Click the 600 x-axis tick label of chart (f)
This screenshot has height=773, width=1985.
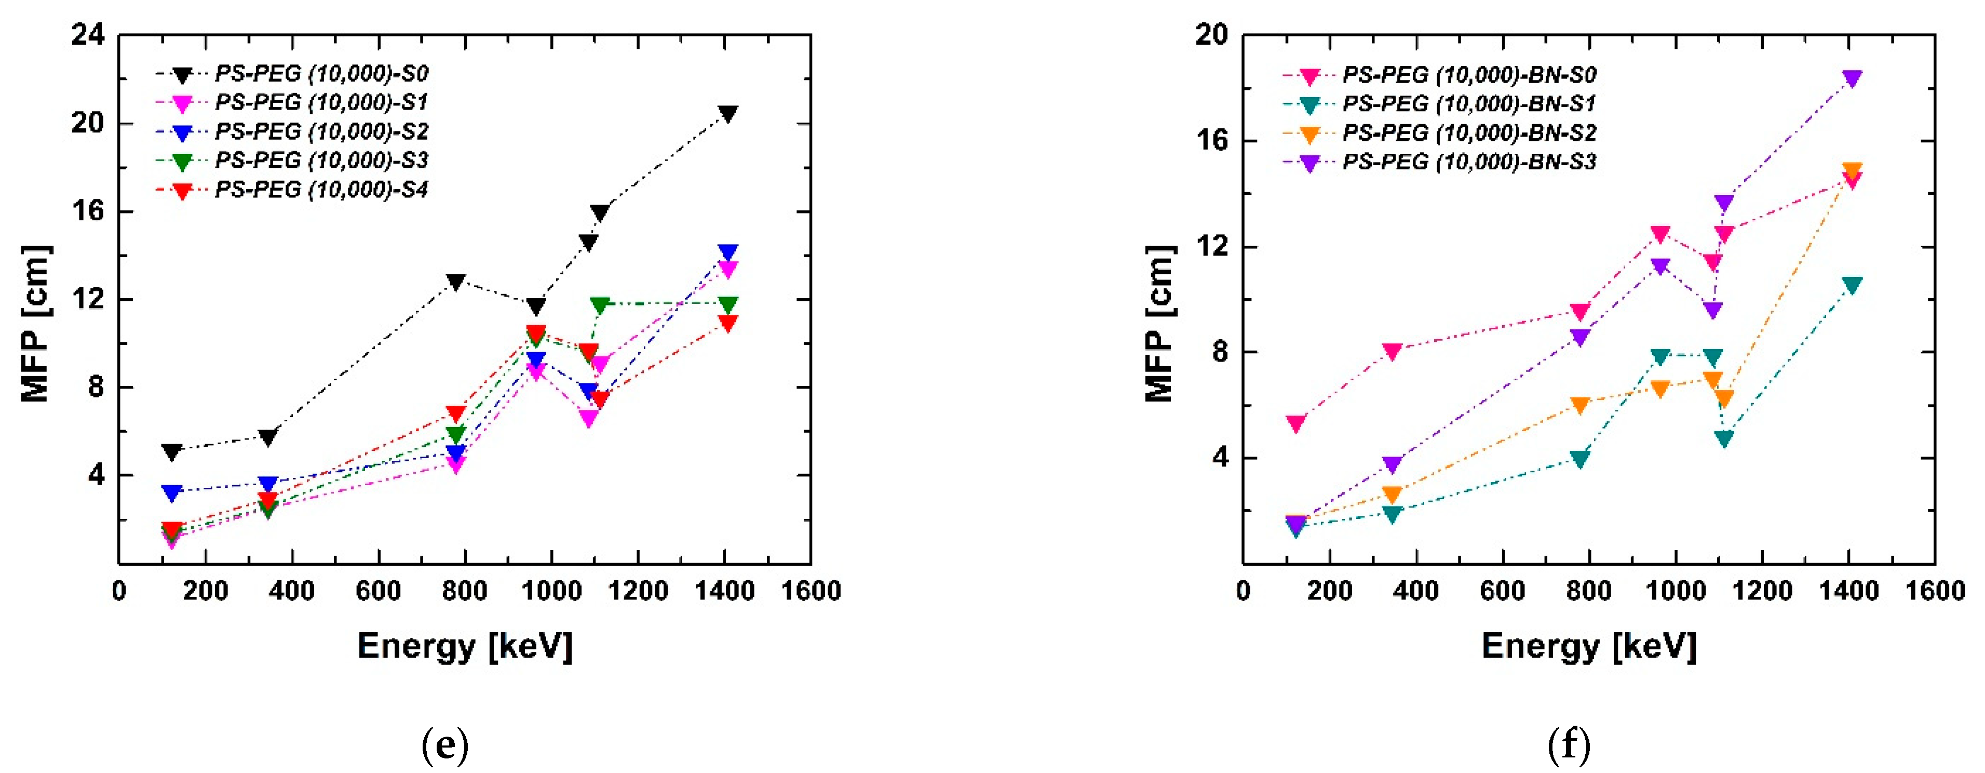(x=1502, y=591)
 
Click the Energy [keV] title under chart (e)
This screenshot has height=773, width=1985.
(x=465, y=646)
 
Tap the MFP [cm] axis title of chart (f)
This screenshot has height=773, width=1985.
(x=1160, y=324)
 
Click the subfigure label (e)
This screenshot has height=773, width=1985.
(x=445, y=745)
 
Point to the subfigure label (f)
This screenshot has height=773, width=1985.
(x=1570, y=745)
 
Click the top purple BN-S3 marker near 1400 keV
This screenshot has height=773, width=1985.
(x=1852, y=78)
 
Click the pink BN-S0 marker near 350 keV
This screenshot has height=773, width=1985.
(x=1392, y=351)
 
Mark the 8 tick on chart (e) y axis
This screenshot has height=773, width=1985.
(x=96, y=387)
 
